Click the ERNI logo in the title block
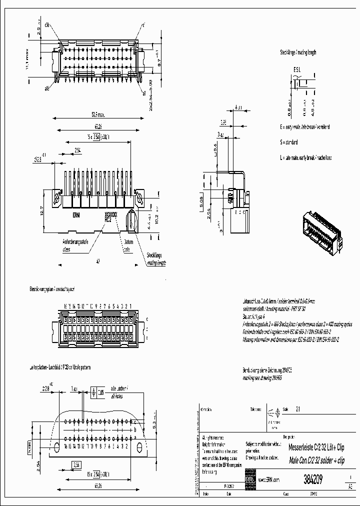point(250,479)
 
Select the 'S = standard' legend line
point(288,142)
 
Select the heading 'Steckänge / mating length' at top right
point(298,52)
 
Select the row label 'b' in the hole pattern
point(135,428)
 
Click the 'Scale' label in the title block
point(286,408)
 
